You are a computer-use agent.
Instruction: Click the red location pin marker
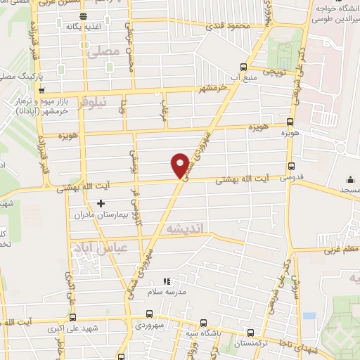[180, 165]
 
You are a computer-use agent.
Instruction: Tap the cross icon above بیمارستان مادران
[101, 204]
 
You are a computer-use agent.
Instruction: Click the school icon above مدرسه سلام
[167, 281]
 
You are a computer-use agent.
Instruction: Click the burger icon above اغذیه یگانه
[84, 16]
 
